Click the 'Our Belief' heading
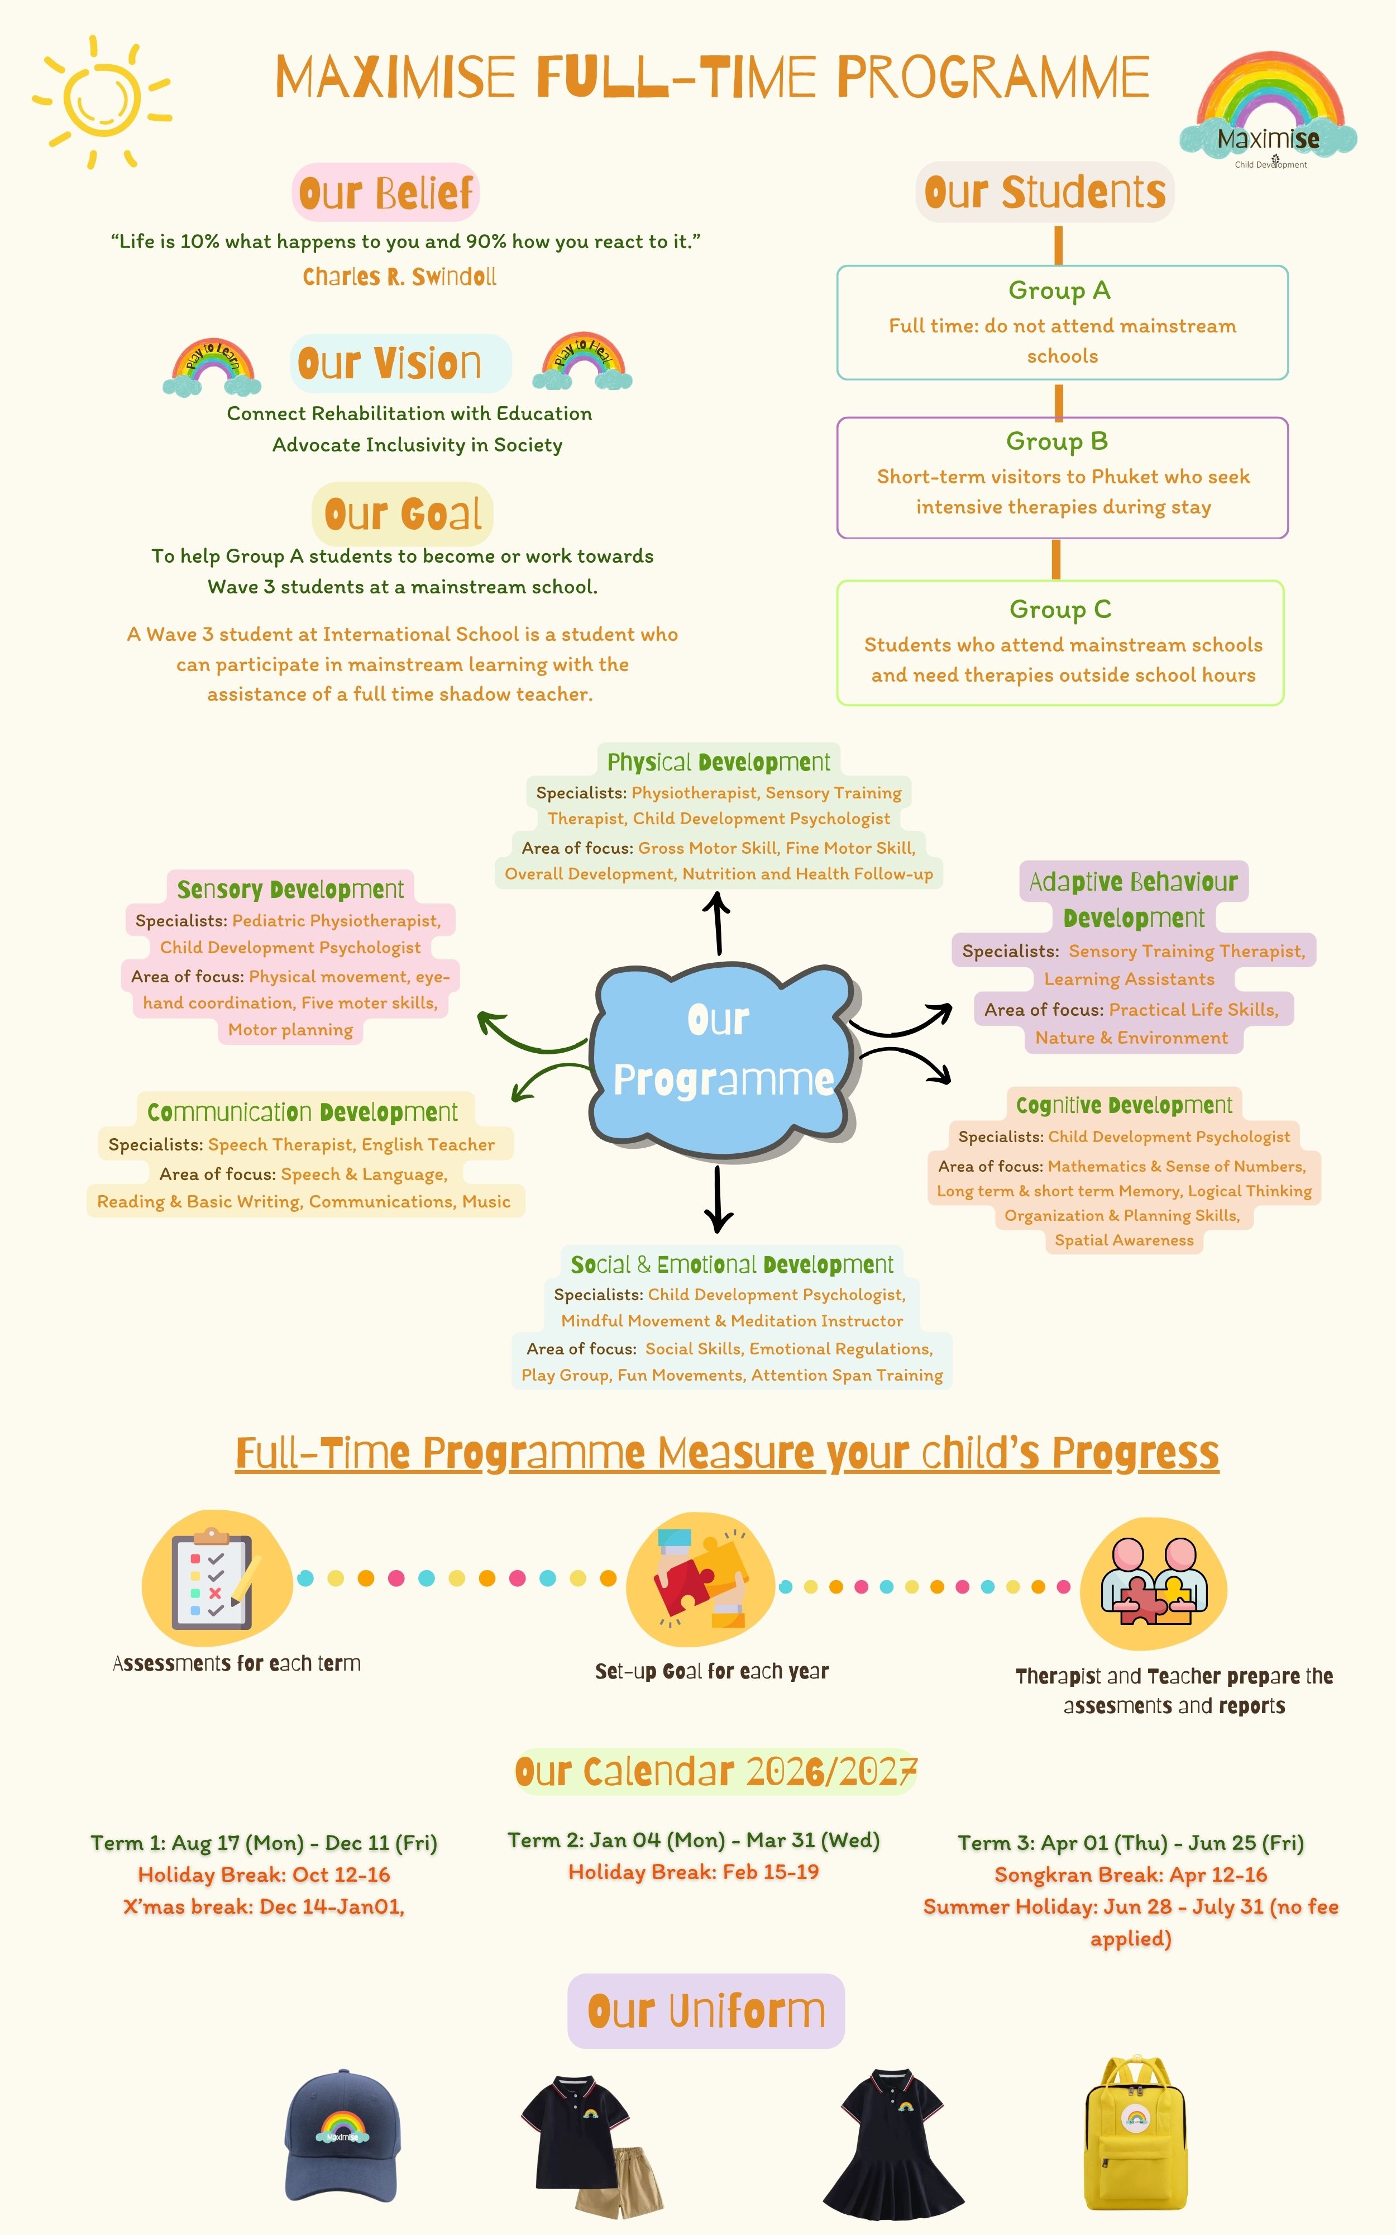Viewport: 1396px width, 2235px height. point(386,193)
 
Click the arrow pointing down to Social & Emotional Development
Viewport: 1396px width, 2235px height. point(718,1199)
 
